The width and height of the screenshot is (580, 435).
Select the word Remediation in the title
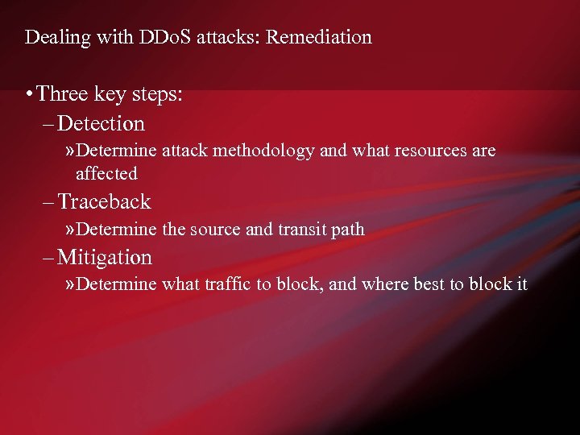coord(321,37)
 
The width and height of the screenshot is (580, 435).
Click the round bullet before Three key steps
coord(29,94)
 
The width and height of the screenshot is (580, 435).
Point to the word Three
coord(63,94)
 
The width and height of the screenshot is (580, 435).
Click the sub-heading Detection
coord(101,123)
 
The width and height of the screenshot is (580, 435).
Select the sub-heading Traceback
coord(104,201)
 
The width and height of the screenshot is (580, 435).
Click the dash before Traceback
coord(48,201)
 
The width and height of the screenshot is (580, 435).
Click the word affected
coord(106,173)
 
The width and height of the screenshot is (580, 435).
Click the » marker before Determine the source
coord(71,230)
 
